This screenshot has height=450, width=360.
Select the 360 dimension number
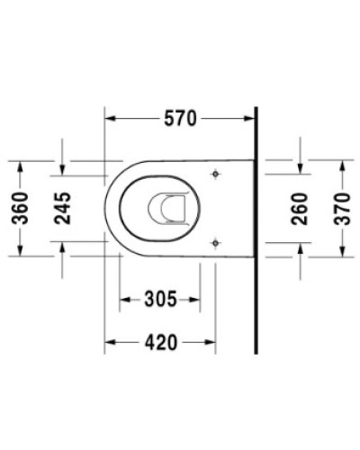coord(28,208)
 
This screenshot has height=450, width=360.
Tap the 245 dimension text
coord(62,208)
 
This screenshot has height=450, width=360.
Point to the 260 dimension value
coord(300,208)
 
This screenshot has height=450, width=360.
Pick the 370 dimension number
coord(340,208)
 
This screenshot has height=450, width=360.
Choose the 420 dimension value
coord(160,342)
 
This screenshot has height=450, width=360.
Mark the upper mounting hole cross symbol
coord(214,174)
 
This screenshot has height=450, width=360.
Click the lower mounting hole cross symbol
coord(214,242)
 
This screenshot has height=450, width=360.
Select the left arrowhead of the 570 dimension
coord(111,118)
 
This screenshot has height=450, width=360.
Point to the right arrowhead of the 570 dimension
coord(251,118)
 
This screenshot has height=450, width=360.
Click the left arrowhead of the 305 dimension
coord(125,298)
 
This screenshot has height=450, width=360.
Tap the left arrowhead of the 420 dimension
coord(111,342)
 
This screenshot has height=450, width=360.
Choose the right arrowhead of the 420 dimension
coord(210,342)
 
